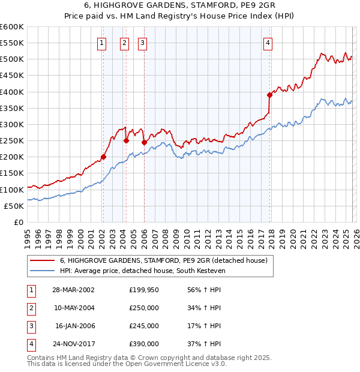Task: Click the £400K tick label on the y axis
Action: [x=12, y=92]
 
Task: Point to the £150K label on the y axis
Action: [x=12, y=173]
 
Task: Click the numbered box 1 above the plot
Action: [x=102, y=43]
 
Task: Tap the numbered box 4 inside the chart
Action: [x=268, y=43]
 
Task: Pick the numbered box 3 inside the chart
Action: [x=143, y=43]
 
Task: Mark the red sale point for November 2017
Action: [x=270, y=95]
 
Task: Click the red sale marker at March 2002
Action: [x=103, y=157]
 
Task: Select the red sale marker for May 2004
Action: [x=126, y=140]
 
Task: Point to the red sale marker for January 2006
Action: [x=144, y=142]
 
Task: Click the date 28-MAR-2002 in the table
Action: [x=73, y=289]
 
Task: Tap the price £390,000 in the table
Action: [x=144, y=344]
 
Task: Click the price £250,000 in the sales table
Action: [x=144, y=308]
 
